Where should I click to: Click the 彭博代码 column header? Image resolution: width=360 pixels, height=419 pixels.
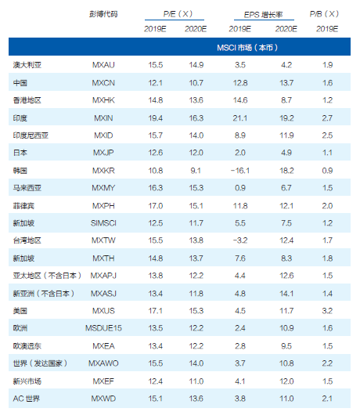pos(103,14)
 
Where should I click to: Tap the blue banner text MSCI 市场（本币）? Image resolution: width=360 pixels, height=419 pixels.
pos(247,48)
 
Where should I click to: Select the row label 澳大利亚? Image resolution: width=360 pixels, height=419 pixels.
pos(27,65)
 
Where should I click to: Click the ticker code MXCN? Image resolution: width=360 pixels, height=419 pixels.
pos(103,83)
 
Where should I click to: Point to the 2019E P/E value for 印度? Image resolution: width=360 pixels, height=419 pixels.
pos(156,118)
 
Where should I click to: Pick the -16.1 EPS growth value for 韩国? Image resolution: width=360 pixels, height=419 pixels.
pos(240,171)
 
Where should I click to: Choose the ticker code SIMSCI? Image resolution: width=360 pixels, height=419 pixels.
pos(103,223)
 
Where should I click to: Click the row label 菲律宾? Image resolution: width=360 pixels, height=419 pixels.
pos(23,206)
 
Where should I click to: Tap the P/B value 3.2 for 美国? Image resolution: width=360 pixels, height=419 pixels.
pos(327,311)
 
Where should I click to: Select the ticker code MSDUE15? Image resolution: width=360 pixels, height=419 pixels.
pos(103,328)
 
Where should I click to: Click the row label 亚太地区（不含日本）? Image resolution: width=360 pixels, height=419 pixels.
pos(47,276)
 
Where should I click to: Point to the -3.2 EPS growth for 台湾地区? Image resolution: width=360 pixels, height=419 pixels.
pos(240,240)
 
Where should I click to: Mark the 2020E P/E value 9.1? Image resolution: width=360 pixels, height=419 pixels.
pos(196,171)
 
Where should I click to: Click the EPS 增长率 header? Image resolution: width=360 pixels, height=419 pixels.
pos(263,15)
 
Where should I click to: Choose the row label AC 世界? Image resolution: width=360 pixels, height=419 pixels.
pos(27,399)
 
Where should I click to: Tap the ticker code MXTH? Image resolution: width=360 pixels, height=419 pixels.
pos(103,258)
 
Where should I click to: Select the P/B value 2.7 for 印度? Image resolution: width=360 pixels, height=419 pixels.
pos(327,118)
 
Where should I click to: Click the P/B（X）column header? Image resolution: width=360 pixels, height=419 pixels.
pos(324,14)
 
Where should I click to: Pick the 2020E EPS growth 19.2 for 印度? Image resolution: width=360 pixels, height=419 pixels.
pos(286,118)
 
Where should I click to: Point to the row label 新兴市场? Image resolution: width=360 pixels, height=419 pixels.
pos(27,381)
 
